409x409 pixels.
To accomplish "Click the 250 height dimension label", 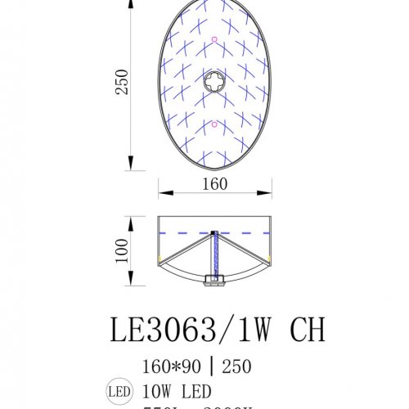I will [x=122, y=81].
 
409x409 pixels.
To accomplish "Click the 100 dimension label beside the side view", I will [x=122, y=249].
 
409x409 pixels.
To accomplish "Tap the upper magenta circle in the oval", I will [x=213, y=39].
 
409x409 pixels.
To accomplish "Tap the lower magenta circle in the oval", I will [x=213, y=124].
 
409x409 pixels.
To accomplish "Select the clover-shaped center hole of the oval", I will [x=213, y=82].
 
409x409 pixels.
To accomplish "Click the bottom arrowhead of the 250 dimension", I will [x=132, y=158].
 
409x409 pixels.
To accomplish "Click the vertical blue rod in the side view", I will [x=214, y=254].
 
